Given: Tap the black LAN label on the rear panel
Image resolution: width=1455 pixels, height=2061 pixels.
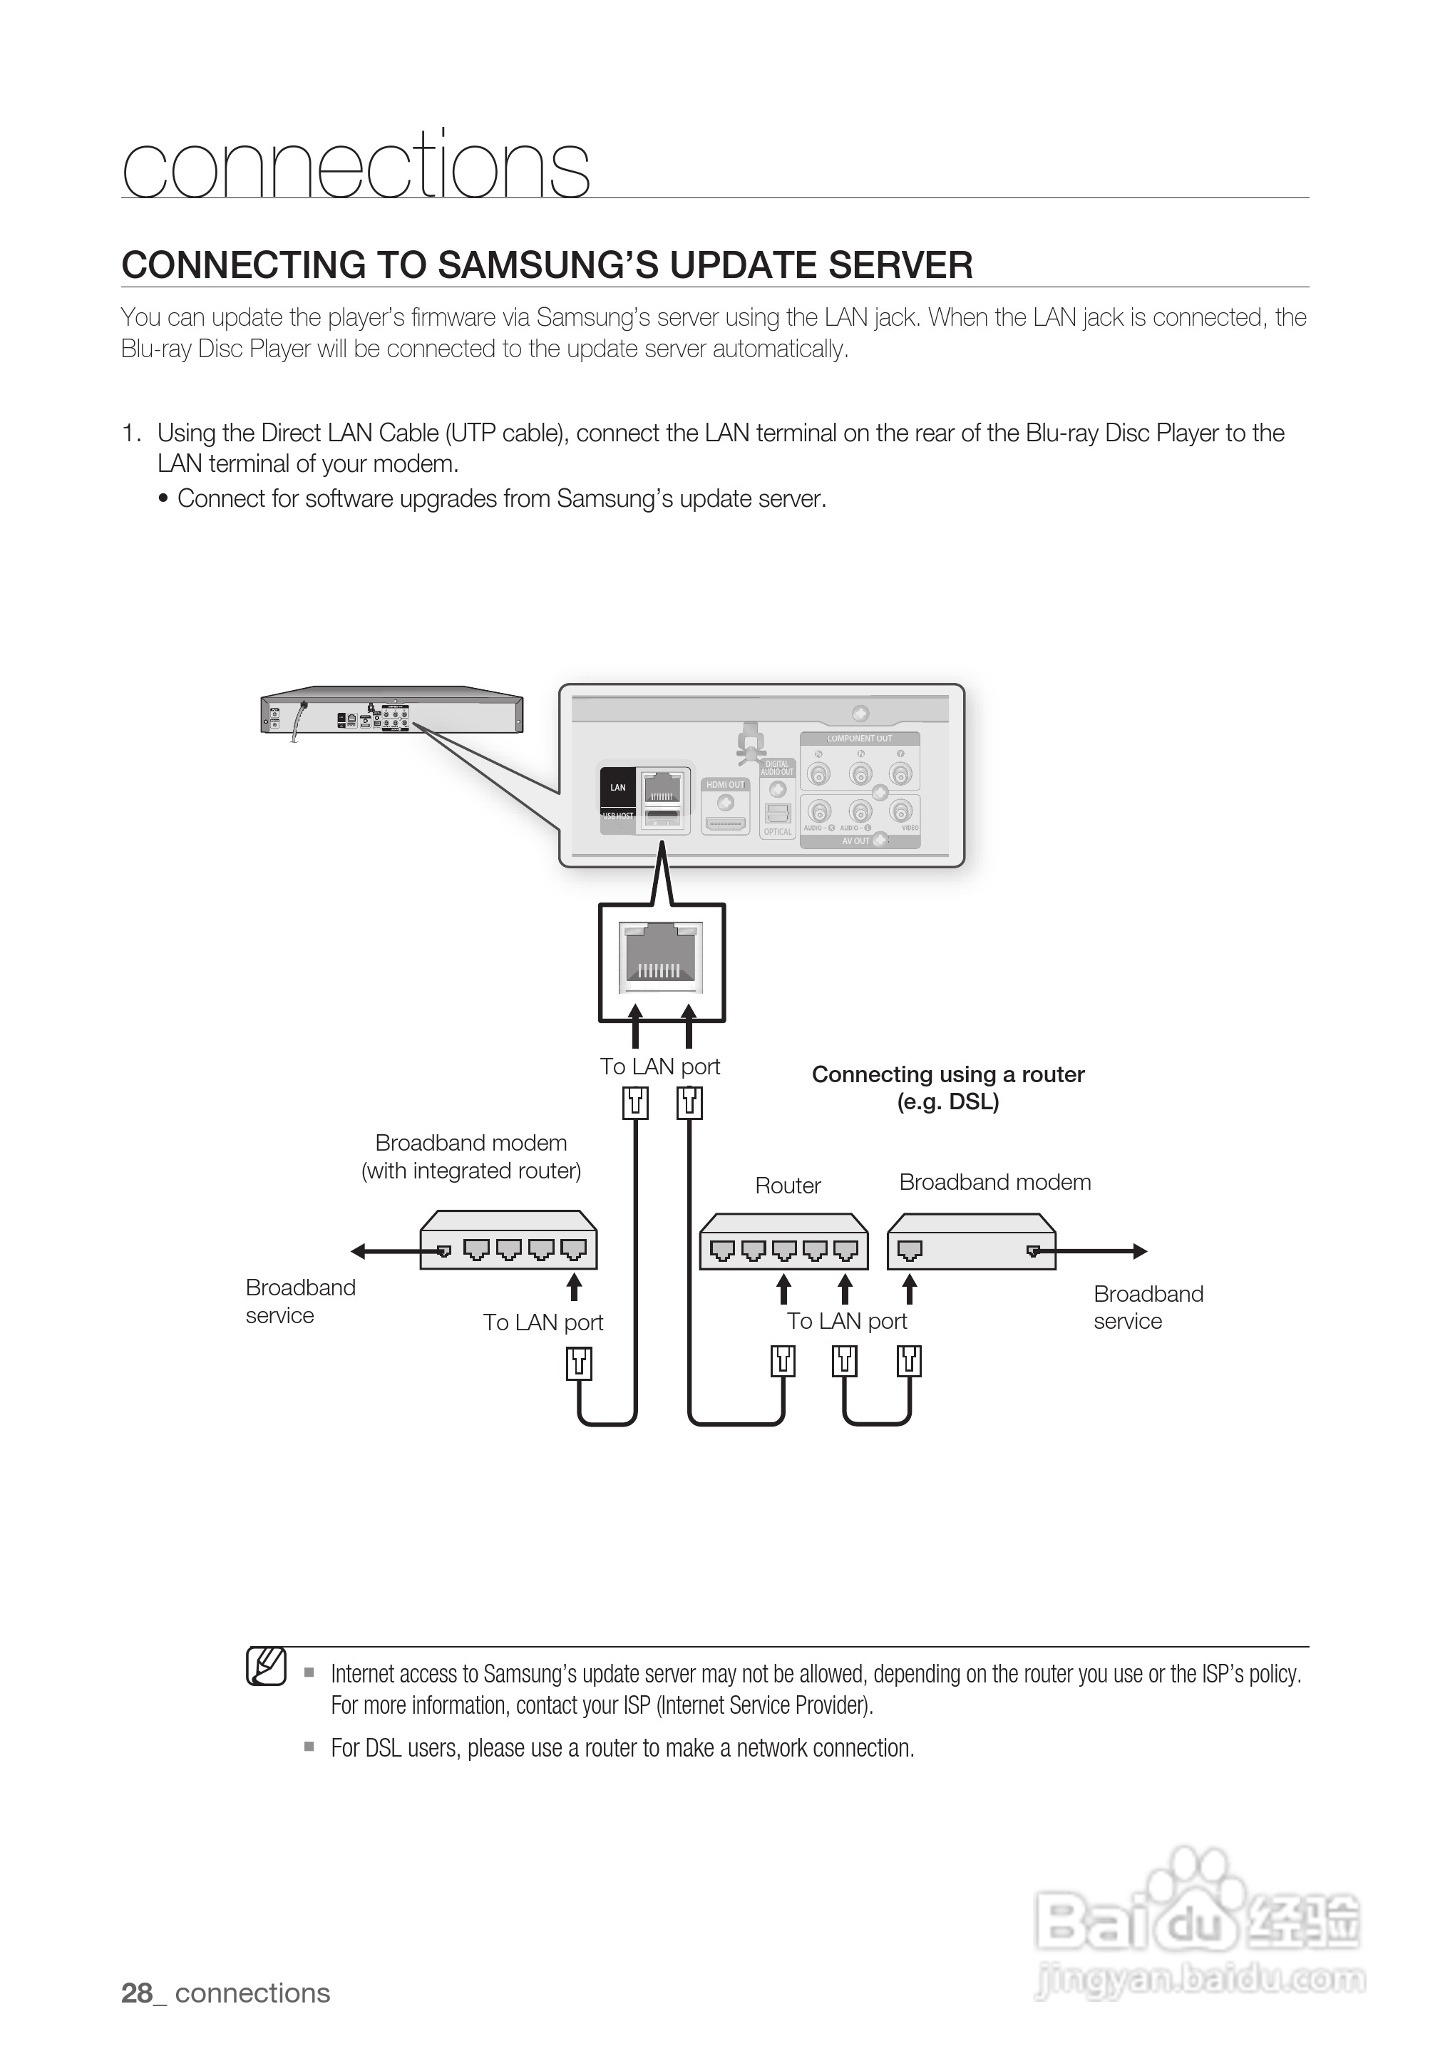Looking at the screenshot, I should click(617, 787).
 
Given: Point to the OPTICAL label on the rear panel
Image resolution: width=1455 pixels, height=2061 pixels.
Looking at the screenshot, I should click(777, 832).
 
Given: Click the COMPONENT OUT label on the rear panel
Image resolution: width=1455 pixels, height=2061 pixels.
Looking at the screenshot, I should click(859, 739).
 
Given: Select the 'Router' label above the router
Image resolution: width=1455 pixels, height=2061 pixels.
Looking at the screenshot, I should click(787, 1186).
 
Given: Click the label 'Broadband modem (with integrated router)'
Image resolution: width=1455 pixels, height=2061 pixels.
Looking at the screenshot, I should click(471, 1156).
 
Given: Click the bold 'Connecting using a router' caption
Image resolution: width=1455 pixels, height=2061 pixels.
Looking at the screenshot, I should click(948, 1075).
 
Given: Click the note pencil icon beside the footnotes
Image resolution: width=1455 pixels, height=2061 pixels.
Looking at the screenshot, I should click(266, 1667).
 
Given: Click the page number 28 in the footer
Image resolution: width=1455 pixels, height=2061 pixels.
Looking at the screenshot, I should click(136, 1993).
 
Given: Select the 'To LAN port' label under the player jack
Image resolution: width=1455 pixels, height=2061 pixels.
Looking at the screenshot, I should click(659, 1067).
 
